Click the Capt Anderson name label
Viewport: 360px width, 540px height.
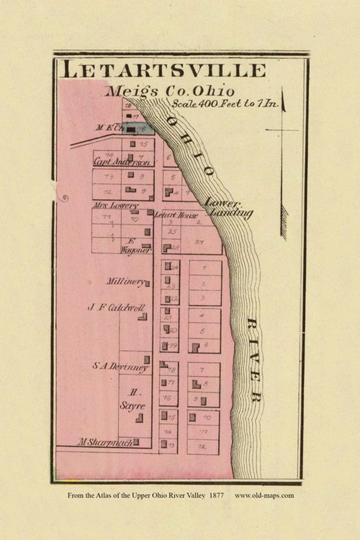[122, 162]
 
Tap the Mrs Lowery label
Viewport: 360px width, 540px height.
[115, 205]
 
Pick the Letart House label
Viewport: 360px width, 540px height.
[176, 215]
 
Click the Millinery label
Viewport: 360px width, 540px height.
[125, 281]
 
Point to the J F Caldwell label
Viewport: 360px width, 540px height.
[116, 307]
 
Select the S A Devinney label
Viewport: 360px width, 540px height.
[120, 366]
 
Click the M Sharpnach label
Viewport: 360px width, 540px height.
[105, 443]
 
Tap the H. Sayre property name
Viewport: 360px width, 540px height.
[133, 400]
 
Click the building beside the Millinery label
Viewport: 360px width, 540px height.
[147, 284]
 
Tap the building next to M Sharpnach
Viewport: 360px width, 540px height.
[136, 442]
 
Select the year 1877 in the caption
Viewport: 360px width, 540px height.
[216, 495]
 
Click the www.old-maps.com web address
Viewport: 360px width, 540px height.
[264, 495]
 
